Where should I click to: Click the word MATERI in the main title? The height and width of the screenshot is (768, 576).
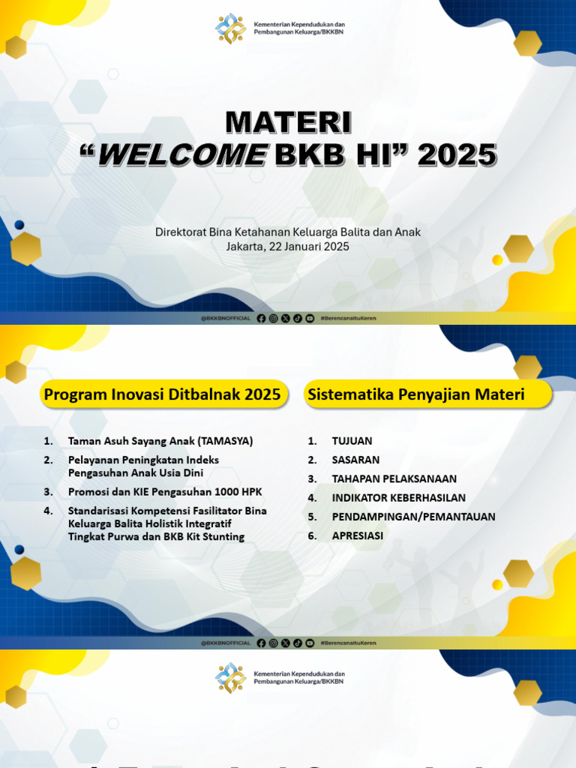(288, 123)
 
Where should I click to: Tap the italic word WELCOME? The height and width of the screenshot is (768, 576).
(182, 154)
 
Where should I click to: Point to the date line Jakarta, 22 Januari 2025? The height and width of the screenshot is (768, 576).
(288, 246)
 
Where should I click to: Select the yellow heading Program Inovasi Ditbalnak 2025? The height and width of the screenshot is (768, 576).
(162, 394)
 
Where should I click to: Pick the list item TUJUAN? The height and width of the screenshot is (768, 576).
(352, 441)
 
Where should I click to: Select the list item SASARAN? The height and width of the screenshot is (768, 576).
(355, 460)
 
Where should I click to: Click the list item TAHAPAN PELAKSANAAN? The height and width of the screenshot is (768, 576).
(394, 478)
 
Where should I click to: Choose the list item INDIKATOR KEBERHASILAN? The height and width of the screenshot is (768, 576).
(398, 497)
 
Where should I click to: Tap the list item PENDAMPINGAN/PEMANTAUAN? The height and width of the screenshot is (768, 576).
(413, 517)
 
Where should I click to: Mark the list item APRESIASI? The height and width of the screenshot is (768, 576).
(357, 535)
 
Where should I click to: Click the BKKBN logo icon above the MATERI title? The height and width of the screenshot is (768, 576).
(230, 28)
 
